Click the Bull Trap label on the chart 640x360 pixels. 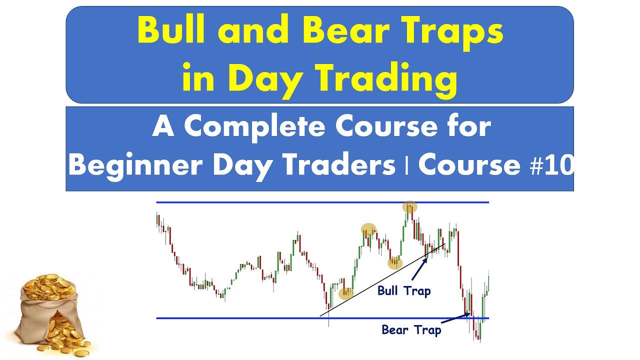pyautogui.click(x=404, y=290)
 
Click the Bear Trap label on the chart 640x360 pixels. pyautogui.click(x=411, y=330)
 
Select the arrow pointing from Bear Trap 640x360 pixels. pyautogui.click(x=456, y=318)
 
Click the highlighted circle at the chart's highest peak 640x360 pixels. pyautogui.click(x=409, y=207)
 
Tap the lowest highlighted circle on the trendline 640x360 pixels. pyautogui.click(x=346, y=293)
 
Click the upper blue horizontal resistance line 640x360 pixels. pyautogui.click(x=280, y=202)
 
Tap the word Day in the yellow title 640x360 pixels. pyautogui.click(x=260, y=79)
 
